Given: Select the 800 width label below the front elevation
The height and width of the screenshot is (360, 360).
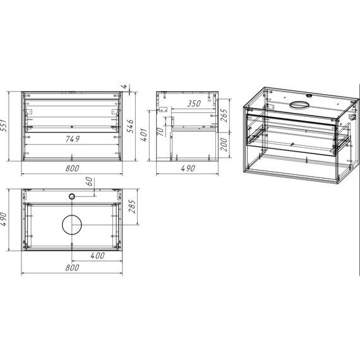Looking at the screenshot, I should click(x=72, y=169).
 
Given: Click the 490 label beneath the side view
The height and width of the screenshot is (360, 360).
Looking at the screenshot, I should click(x=187, y=169).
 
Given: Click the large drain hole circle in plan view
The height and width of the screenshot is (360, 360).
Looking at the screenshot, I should click(x=72, y=224).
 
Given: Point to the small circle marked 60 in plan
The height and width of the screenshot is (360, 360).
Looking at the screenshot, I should click(x=72, y=196).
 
